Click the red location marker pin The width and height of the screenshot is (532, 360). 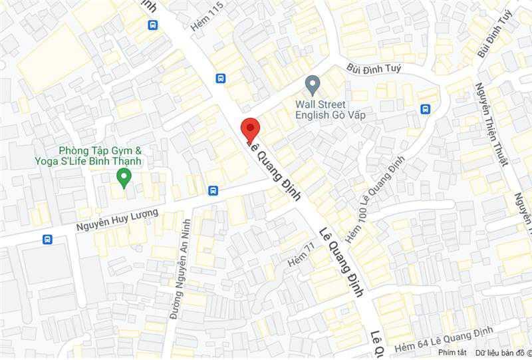249,127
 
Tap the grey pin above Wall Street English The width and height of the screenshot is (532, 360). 313,85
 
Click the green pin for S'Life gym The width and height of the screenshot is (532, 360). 123,177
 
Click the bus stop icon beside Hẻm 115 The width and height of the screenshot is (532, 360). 221,78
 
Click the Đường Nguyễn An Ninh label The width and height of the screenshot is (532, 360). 176,269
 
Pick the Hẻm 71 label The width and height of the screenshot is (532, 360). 301,256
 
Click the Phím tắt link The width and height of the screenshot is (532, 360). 452,352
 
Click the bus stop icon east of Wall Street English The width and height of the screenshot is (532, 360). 425,109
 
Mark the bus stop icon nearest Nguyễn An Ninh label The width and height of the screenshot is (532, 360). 213,190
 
